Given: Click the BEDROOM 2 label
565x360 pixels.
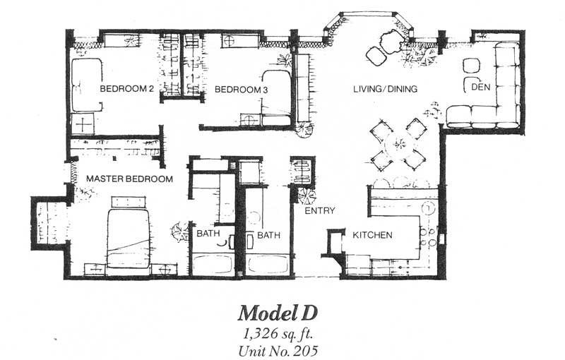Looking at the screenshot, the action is (127, 88).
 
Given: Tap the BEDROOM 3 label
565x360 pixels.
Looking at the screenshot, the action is (241, 89).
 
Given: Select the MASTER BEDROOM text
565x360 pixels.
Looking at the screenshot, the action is (129, 179).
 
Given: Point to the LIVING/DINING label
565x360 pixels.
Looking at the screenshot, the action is (385, 88).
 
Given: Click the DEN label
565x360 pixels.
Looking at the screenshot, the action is (481, 87).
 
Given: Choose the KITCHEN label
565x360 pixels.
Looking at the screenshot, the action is (372, 235).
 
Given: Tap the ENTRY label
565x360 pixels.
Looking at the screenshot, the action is (320, 210).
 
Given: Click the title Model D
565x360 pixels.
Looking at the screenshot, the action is (278, 313).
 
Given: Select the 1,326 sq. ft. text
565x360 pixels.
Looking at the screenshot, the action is (278, 335).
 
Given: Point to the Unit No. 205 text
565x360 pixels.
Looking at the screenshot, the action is (278, 350).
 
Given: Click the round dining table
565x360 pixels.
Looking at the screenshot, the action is (399, 145).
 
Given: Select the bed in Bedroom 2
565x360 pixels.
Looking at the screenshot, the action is (86, 85).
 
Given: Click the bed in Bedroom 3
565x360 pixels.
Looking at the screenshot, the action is (276, 97).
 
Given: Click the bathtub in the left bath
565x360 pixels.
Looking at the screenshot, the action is (212, 265).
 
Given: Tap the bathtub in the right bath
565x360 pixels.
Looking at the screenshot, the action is (268, 265).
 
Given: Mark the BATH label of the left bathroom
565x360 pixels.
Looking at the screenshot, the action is (208, 233).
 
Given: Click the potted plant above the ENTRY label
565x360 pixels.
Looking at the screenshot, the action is (307, 196).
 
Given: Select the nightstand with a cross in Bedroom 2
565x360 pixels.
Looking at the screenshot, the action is (83, 124).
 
